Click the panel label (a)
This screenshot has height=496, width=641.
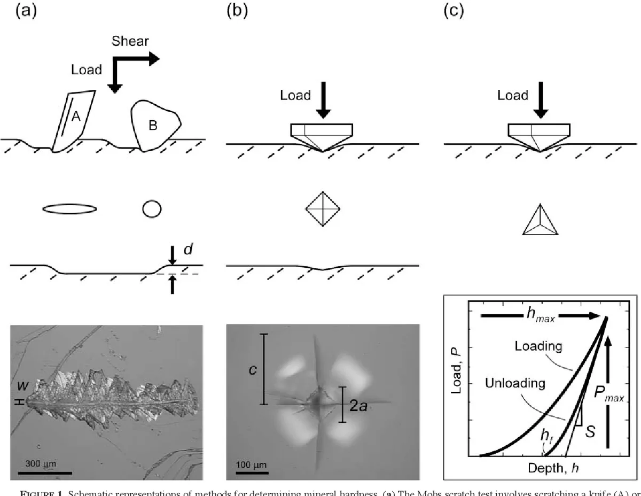point(26,11)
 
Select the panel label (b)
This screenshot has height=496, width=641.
point(237,11)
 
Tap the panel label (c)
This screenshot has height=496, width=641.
point(454,11)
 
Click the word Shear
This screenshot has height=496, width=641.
point(130,41)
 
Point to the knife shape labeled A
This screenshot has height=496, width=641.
point(74,121)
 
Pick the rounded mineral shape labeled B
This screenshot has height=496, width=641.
point(154,126)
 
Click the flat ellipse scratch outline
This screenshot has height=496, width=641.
point(69,208)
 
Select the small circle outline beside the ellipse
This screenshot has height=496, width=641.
point(152,209)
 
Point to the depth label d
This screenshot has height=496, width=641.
point(188,249)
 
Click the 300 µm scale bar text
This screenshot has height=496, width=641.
point(41,463)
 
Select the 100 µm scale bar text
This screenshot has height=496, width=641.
point(251,464)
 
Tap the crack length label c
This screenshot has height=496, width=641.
point(253,370)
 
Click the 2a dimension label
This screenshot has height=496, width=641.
point(358,406)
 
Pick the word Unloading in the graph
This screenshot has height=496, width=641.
point(515,383)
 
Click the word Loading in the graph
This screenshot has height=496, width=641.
point(538,346)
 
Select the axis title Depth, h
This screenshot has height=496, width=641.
point(553,468)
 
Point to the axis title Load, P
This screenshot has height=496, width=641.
point(456,370)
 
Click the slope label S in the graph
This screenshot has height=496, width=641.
point(590,432)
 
